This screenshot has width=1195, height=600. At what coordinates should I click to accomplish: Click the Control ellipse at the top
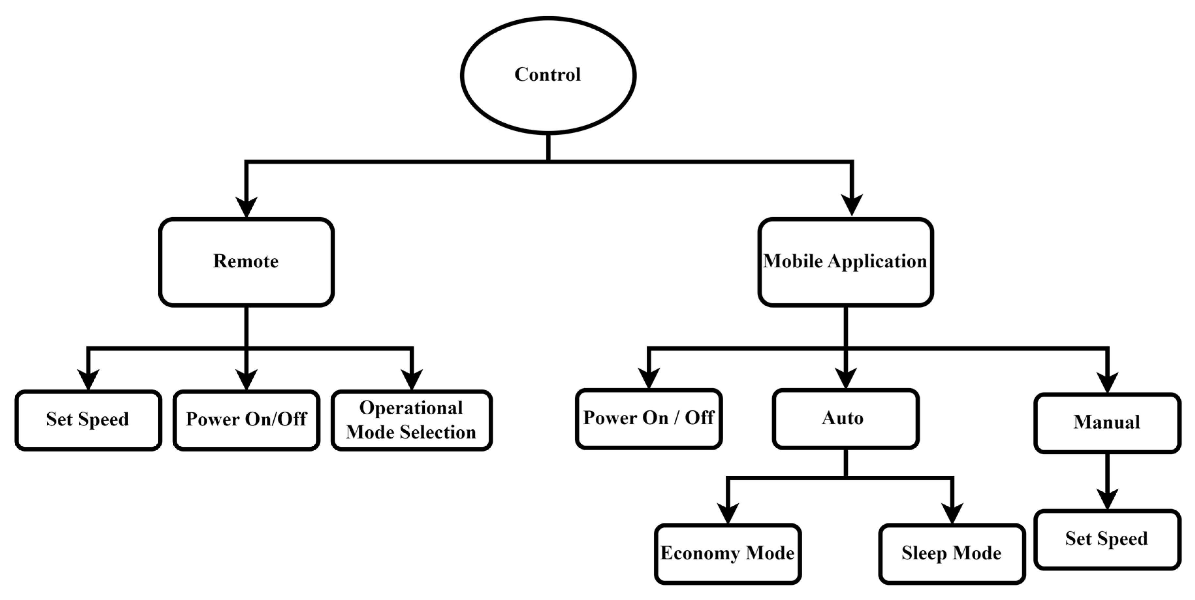548,76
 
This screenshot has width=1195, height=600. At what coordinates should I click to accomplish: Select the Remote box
246,262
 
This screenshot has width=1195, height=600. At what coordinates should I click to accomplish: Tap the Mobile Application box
845,262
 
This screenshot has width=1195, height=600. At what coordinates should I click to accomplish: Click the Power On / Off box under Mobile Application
649,419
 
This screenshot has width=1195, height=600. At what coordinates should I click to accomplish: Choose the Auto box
845,419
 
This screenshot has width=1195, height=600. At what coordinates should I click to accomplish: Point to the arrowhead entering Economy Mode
727,513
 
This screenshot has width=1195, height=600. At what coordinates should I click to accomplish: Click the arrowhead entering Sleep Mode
951,513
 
